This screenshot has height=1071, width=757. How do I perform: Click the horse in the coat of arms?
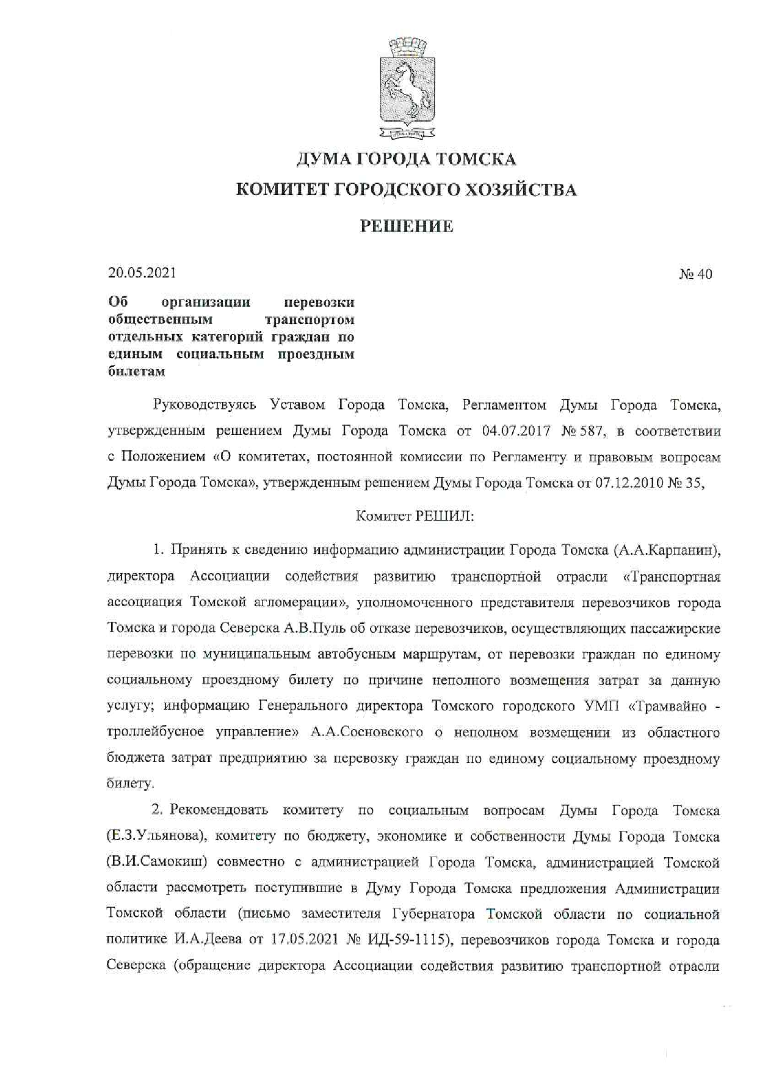click(x=405, y=89)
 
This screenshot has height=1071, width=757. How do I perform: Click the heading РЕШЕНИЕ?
click(x=406, y=227)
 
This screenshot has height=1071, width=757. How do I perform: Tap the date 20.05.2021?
click(x=142, y=273)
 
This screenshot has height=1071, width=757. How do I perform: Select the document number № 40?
click(x=695, y=274)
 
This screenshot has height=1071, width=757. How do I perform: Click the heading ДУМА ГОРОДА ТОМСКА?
click(x=406, y=159)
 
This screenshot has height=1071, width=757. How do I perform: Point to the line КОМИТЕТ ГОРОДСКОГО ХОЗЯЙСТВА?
click(x=406, y=190)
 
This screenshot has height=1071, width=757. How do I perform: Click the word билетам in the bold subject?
click(x=136, y=371)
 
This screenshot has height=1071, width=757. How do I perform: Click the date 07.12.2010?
click(x=627, y=483)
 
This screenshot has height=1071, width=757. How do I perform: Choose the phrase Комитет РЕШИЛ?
click(x=415, y=516)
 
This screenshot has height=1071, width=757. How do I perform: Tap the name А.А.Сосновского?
click(x=366, y=732)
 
